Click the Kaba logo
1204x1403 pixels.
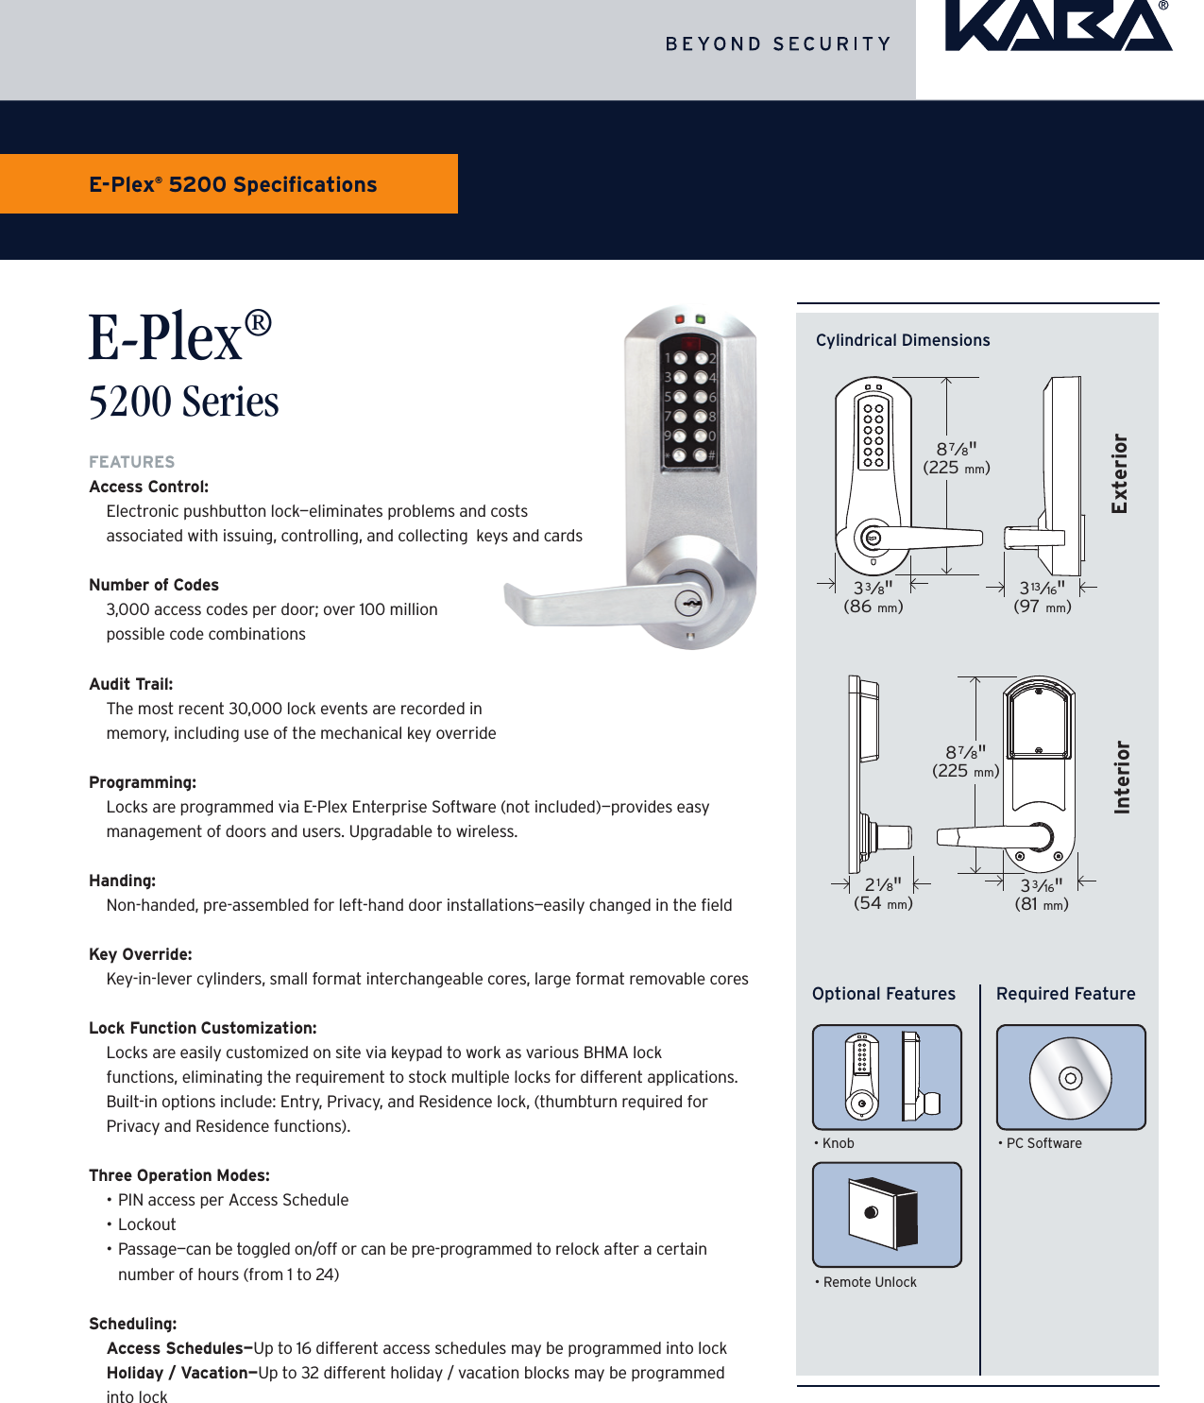coord(1059,26)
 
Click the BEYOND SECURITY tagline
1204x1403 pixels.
coord(778,44)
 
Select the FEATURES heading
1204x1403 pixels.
coord(132,462)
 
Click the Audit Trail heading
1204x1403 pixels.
coord(131,684)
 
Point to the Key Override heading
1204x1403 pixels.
coord(141,954)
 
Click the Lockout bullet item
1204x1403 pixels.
coord(146,1224)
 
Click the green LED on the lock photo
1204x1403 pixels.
coord(701,320)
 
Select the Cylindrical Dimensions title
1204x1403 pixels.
coord(903,340)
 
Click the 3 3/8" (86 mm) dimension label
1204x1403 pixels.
coord(873,597)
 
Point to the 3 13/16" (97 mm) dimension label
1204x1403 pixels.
coord(1043,597)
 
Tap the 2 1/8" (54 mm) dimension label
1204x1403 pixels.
coord(883,894)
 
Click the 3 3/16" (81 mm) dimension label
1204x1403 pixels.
coord(1042,895)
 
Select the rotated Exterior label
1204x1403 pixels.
coord(1120,473)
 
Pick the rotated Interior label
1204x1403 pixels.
coord(1122,777)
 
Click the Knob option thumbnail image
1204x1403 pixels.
coord(887,1077)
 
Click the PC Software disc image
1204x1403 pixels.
coord(1071,1077)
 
